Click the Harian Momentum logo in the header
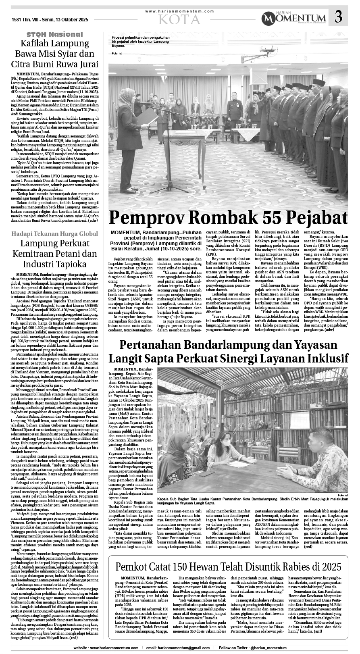[293, 18]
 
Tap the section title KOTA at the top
[179, 19]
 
